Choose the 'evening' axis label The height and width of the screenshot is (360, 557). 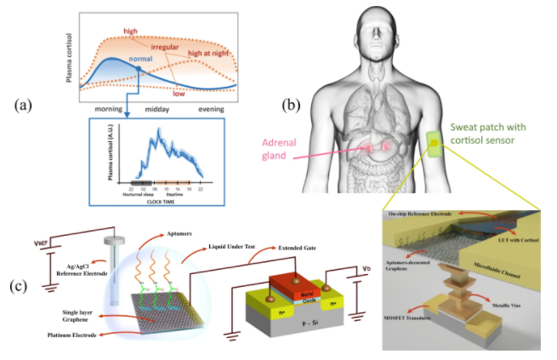(x=217, y=110)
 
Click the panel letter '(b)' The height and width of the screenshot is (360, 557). (x=292, y=106)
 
